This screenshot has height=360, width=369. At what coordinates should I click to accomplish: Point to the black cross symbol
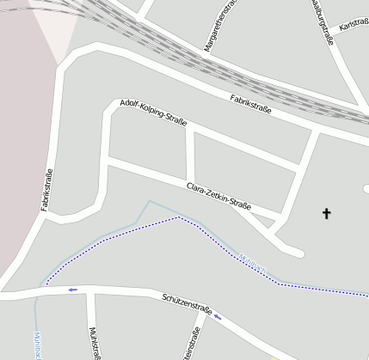(327, 212)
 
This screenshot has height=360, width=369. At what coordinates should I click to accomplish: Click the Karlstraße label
(354, 25)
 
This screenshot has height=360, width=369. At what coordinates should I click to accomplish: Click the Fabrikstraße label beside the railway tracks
(250, 105)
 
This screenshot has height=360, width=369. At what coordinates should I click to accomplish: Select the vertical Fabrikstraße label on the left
(48, 191)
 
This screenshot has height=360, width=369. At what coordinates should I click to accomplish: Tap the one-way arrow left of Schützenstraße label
(72, 290)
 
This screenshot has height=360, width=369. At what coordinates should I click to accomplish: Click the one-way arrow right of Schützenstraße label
(217, 316)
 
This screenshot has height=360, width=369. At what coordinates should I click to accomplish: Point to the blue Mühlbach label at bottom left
(38, 345)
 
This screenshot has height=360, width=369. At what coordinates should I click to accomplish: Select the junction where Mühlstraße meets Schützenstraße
(89, 293)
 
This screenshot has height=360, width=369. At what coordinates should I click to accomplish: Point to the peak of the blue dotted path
(178, 217)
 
